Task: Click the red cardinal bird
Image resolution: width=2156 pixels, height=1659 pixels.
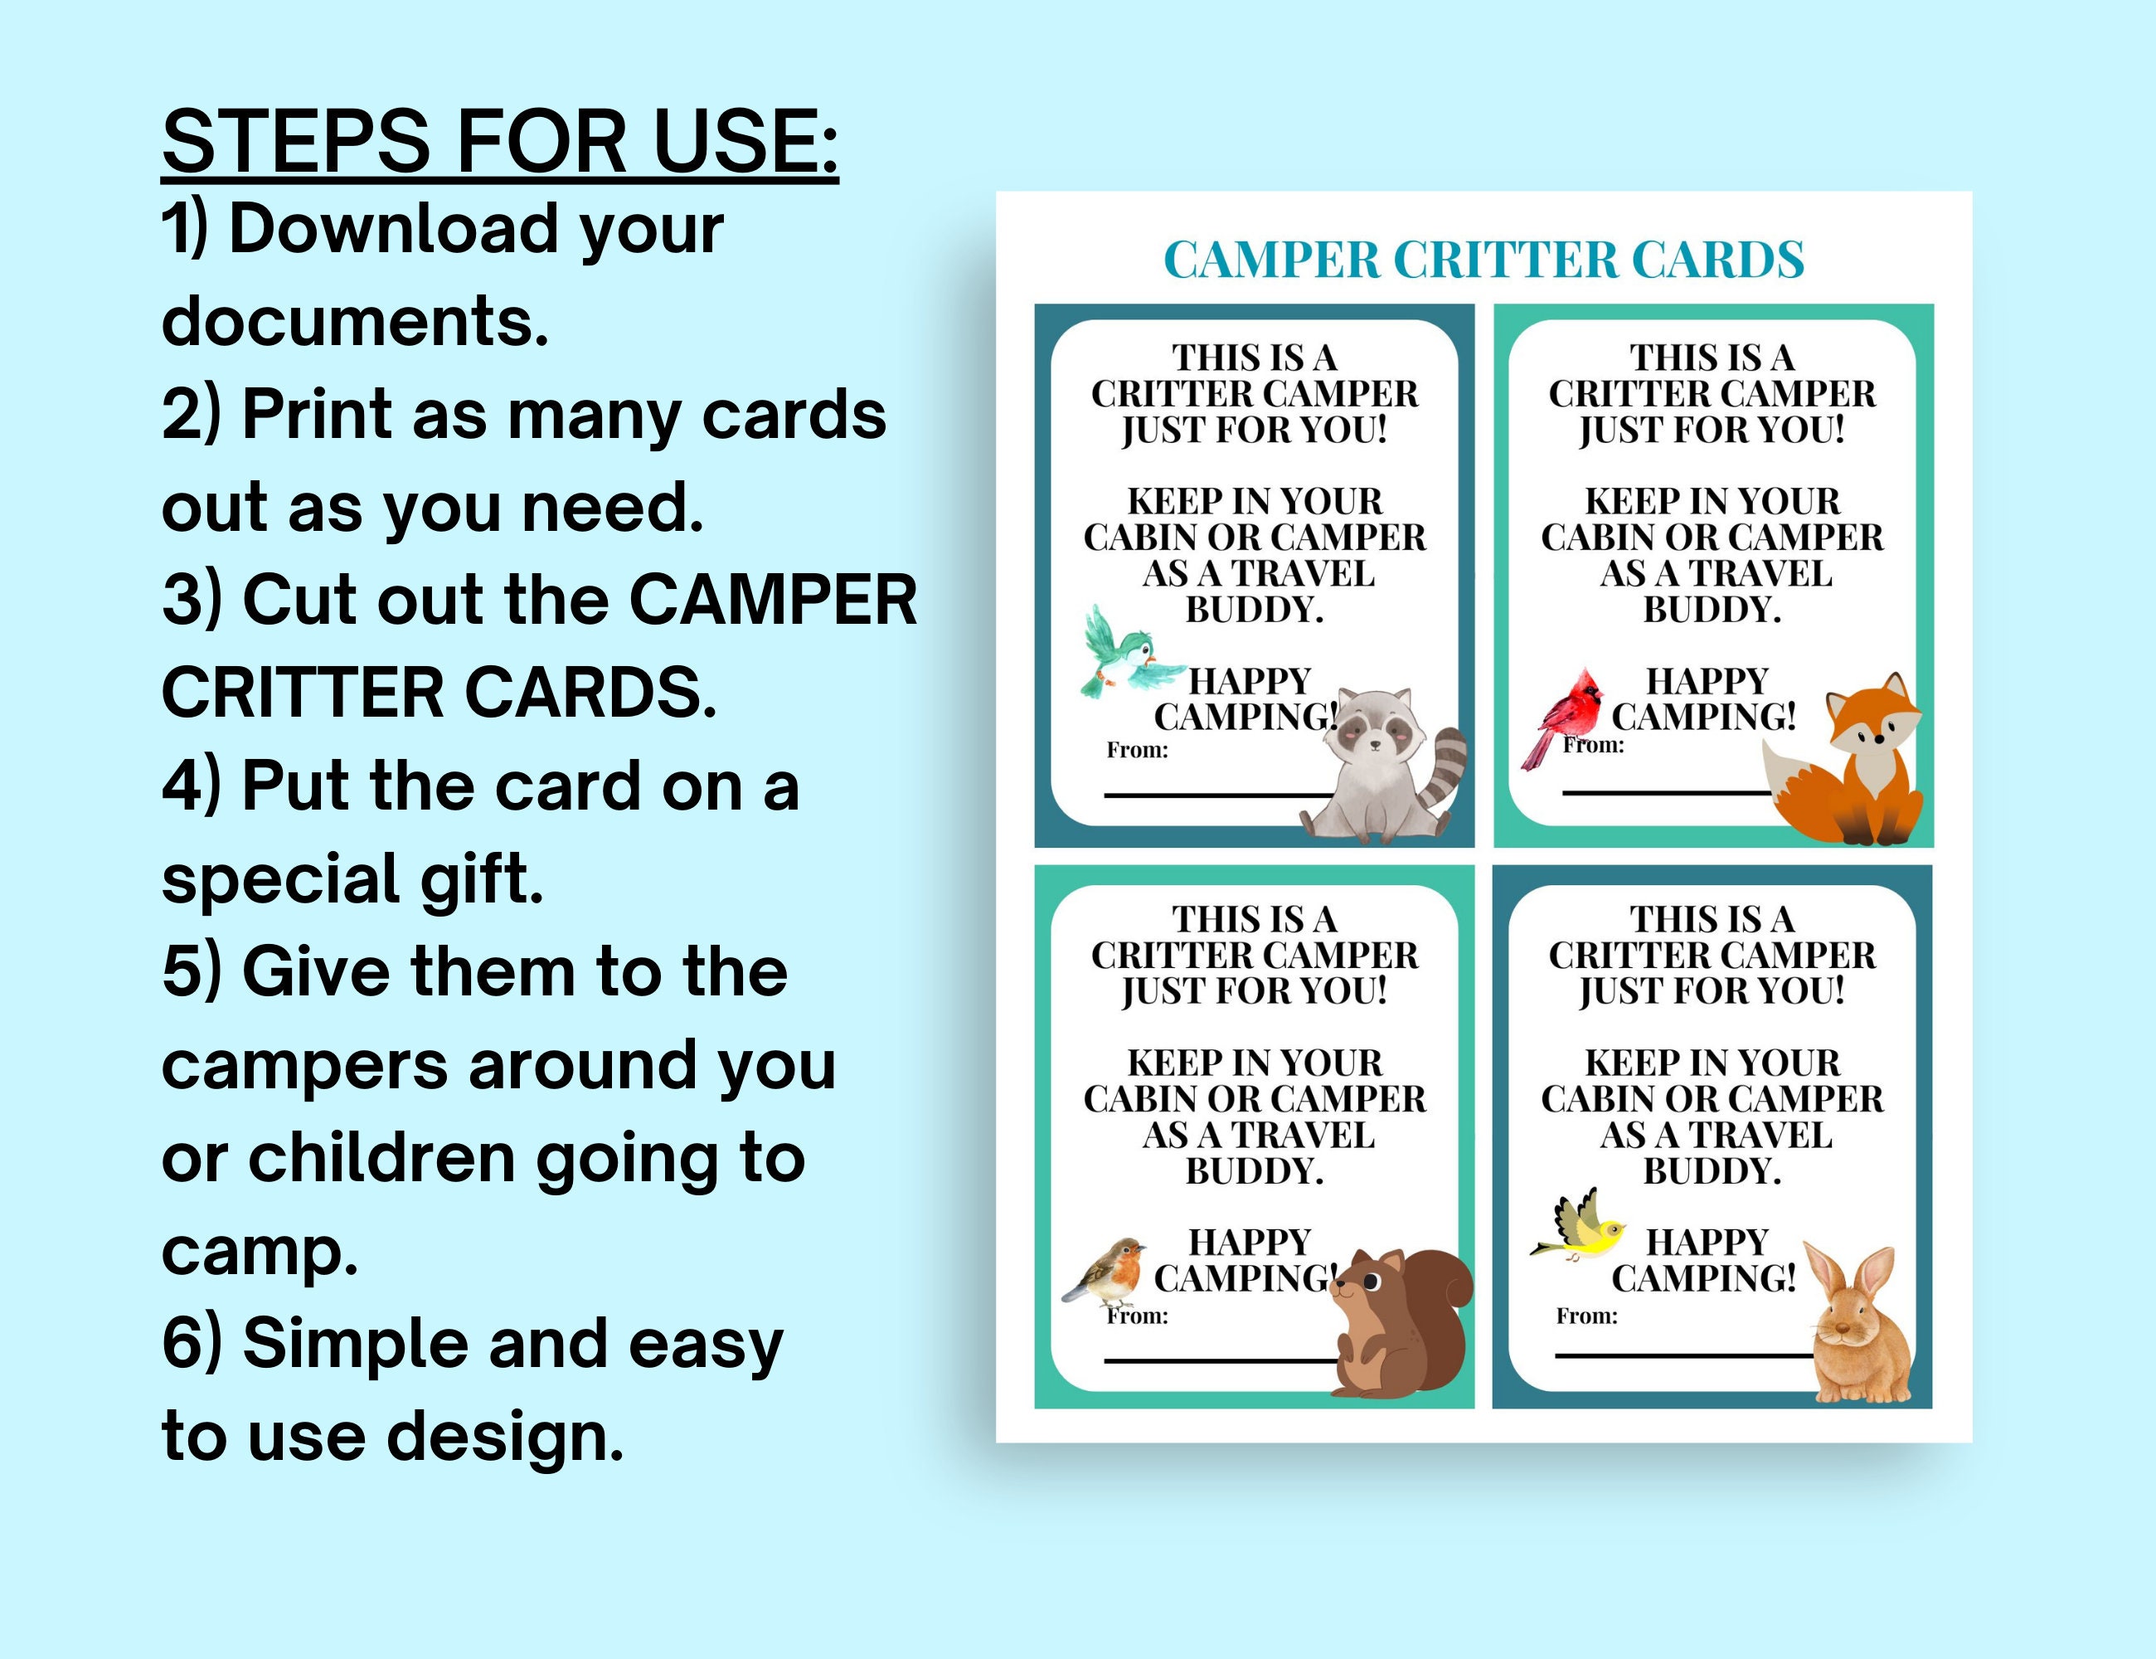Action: (1565, 716)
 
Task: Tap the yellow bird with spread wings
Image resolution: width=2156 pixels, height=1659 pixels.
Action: (1580, 1229)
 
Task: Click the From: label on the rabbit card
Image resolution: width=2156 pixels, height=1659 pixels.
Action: (1586, 1316)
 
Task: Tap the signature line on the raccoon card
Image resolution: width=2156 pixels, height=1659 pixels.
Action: (1214, 794)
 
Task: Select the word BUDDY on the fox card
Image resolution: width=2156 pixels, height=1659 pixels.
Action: (1711, 611)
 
